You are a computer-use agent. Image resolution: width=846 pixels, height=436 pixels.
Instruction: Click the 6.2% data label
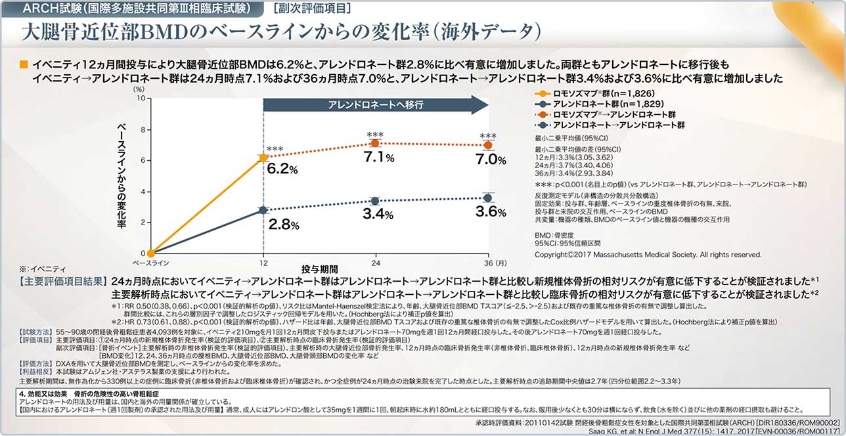coord(282,169)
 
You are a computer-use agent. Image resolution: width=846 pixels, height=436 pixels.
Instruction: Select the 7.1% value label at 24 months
coord(378,158)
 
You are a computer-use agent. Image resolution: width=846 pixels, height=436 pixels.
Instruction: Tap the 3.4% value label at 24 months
coord(378,213)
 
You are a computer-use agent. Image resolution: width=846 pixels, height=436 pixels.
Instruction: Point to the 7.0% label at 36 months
coord(490,160)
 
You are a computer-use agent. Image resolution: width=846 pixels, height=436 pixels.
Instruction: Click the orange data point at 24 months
coord(375,143)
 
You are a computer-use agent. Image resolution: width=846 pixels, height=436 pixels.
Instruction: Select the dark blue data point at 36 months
coord(487,198)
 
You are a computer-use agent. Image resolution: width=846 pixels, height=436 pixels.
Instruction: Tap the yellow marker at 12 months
coord(263,158)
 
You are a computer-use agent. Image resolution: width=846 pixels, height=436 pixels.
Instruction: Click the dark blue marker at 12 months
coord(263,210)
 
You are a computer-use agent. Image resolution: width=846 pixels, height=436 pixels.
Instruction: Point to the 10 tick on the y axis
coord(140,97)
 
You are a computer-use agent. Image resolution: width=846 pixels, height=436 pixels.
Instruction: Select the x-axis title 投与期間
coord(320,270)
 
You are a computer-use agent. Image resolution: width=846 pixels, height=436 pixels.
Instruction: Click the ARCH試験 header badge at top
coord(135,9)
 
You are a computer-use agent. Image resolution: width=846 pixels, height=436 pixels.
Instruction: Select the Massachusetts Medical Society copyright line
coord(648,253)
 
